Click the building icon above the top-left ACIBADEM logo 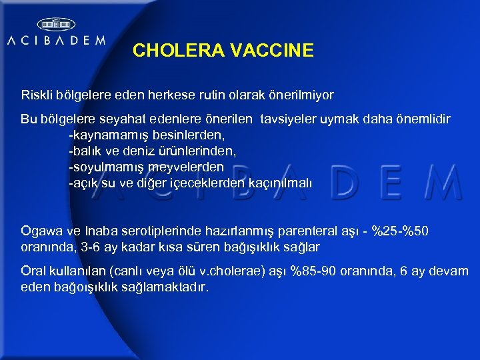coord(55,24)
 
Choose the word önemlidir coord(421,119)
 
